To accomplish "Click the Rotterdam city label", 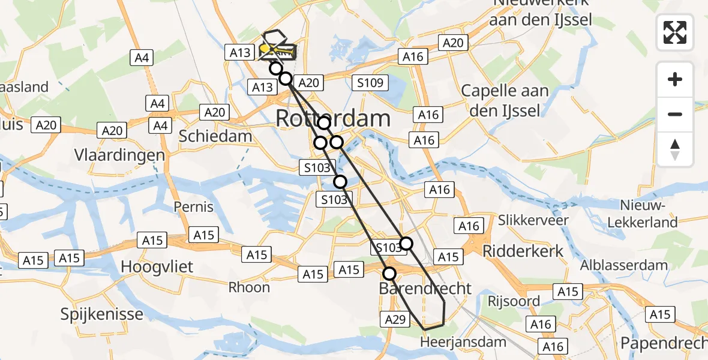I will pyautogui.click(x=333, y=119).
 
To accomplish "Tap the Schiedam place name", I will pyautogui.click(x=215, y=136).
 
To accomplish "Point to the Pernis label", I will pyautogui.click(x=193, y=207).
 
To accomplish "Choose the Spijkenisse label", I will pyautogui.click(x=102, y=314).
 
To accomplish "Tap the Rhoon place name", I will pyautogui.click(x=249, y=287).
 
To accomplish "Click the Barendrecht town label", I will pyautogui.click(x=425, y=289).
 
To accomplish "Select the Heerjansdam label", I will pyautogui.click(x=463, y=342).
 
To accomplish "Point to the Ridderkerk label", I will pyautogui.click(x=523, y=250).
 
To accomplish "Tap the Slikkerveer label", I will pyautogui.click(x=534, y=220).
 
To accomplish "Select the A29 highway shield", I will pyautogui.click(x=394, y=320).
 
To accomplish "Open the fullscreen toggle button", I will pyautogui.click(x=675, y=32).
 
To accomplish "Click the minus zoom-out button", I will pyautogui.click(x=675, y=114).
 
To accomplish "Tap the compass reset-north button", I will pyautogui.click(x=675, y=149).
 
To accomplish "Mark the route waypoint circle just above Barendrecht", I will pyautogui.click(x=389, y=274).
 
